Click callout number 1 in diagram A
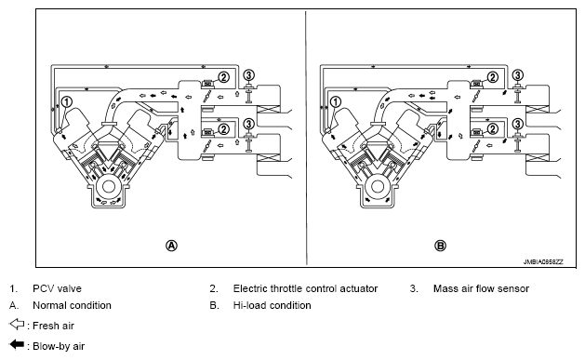[x=66, y=101]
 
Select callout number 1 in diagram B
[x=336, y=101]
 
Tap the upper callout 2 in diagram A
[x=223, y=77]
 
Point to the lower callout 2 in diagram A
[x=223, y=129]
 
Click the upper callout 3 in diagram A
[x=249, y=75]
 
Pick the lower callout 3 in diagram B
[x=518, y=124]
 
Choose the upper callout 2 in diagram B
[x=493, y=77]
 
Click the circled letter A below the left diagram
[x=171, y=246]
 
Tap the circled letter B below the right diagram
[x=441, y=246]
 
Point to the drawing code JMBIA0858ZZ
[x=543, y=262]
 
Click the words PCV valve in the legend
[x=57, y=288]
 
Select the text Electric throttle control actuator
[x=305, y=288]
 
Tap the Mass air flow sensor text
[x=481, y=288]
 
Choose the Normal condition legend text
[x=72, y=305]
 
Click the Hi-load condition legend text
[x=272, y=305]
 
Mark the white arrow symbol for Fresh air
[x=17, y=325]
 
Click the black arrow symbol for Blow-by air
[x=17, y=344]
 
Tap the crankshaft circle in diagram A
[x=109, y=187]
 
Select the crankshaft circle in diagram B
[x=378, y=187]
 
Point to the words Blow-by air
[x=59, y=346]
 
